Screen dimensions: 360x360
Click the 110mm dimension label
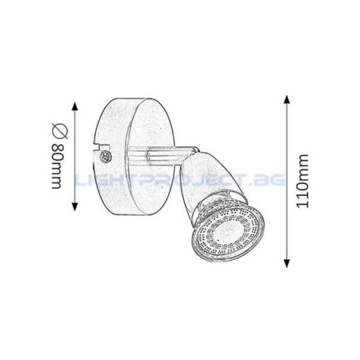(302, 181)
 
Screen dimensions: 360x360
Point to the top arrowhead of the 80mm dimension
(75, 107)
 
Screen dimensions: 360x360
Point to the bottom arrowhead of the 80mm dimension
(75, 206)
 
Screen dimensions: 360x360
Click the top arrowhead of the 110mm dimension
(287, 100)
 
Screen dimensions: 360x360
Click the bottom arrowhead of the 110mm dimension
(287, 263)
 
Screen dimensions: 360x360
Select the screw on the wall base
(104, 156)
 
